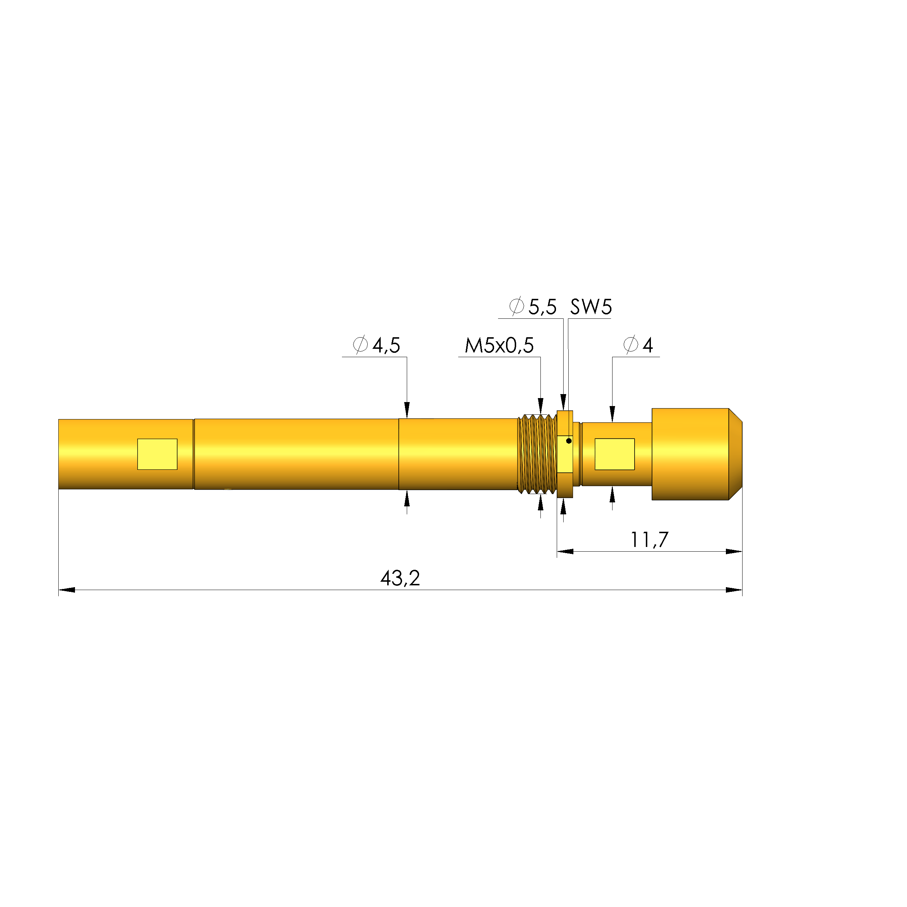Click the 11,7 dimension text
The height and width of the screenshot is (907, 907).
pos(649,540)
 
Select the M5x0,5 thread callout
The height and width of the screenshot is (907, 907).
pos(499,346)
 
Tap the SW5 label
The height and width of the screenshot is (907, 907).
pos(591,308)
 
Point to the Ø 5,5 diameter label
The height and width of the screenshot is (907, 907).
pos(533,308)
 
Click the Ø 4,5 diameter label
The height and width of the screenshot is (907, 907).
pos(376,346)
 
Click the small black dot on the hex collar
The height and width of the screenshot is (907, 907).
pos(569,441)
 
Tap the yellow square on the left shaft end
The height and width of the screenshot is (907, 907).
pos(157,454)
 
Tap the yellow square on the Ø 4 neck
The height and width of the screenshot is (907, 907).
pos(615,454)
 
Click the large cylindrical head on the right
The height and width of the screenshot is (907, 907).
pos(690,454)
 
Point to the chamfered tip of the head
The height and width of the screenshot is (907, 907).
pos(736,454)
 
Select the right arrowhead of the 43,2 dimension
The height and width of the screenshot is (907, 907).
pos(734,590)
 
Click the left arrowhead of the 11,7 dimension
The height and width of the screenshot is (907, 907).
pos(565,552)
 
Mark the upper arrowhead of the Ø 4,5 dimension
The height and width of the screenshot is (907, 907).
pos(407,409)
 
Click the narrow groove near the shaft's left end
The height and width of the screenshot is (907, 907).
pos(193,454)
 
